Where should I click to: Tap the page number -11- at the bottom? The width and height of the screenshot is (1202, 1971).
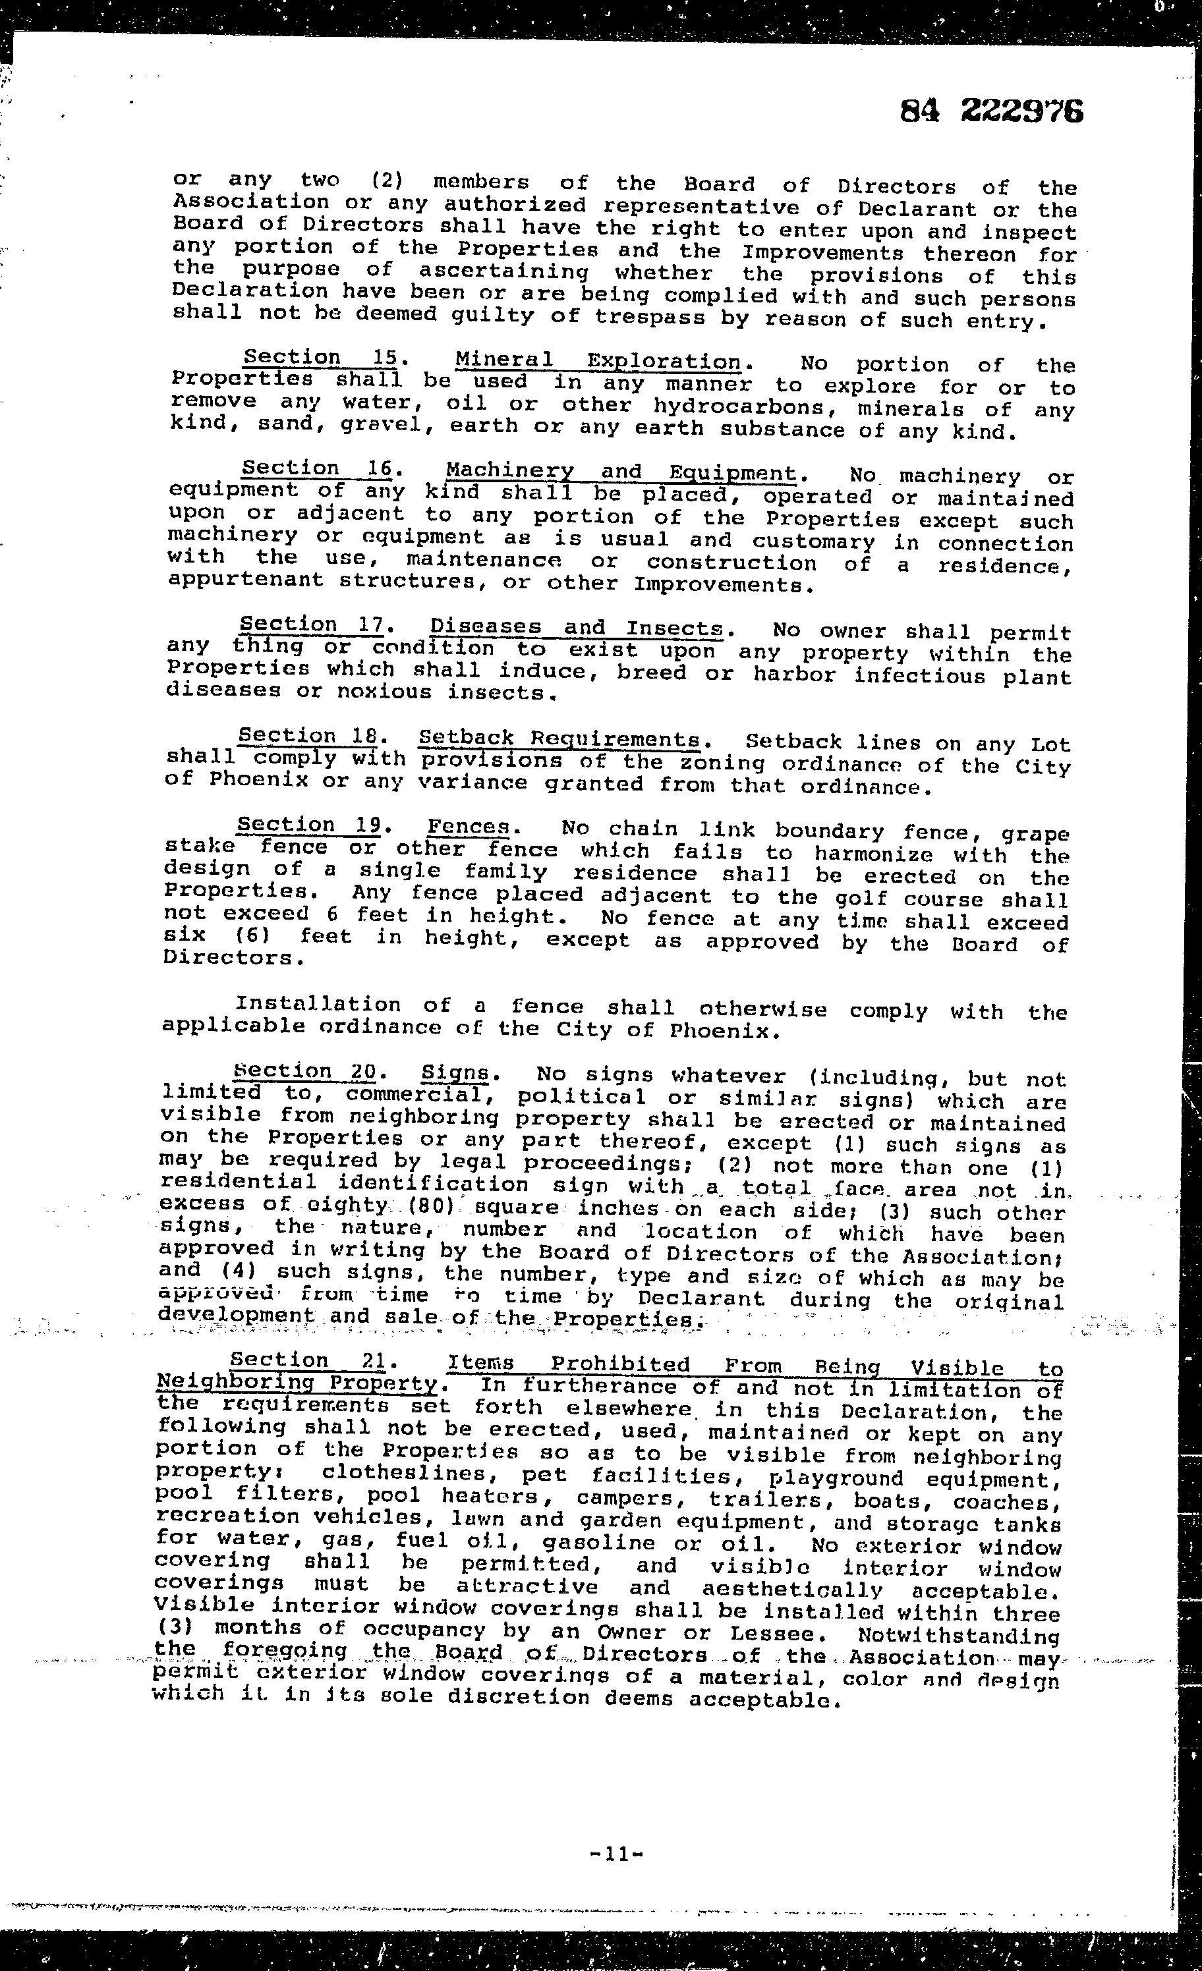pos(616,1854)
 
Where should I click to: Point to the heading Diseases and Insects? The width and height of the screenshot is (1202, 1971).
pos(576,628)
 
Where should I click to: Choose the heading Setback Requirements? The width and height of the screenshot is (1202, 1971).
pos(559,738)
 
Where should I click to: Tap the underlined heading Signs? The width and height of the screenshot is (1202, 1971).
pos(455,1072)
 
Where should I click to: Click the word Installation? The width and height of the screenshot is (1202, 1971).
pos(318,1004)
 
